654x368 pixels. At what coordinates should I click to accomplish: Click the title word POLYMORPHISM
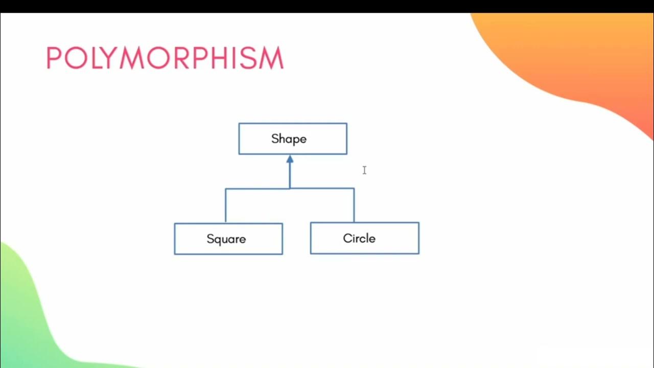pos(165,58)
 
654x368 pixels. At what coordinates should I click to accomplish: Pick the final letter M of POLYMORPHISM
pos(271,58)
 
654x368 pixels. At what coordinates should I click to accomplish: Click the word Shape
pos(289,139)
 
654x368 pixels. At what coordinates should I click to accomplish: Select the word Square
pos(226,239)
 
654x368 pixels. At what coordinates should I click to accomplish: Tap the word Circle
pos(359,239)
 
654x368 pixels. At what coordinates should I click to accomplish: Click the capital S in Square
pos(210,239)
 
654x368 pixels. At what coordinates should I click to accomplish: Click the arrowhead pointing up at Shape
pos(290,159)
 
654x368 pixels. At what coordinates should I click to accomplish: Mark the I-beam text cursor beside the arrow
pos(364,170)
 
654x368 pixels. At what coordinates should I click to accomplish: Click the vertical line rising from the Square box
pos(225,205)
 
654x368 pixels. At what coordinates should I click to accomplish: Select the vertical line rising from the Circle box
pos(354,205)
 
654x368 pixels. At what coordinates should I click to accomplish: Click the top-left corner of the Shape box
pos(239,124)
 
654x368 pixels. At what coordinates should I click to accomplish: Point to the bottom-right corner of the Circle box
pos(419,254)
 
